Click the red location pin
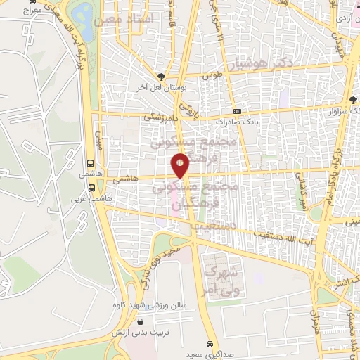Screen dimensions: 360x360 [x=181, y=165]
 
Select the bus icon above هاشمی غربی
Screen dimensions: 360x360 [x=92, y=188]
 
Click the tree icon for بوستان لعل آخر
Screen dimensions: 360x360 [x=162, y=77]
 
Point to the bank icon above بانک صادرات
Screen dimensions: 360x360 [x=237, y=111]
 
